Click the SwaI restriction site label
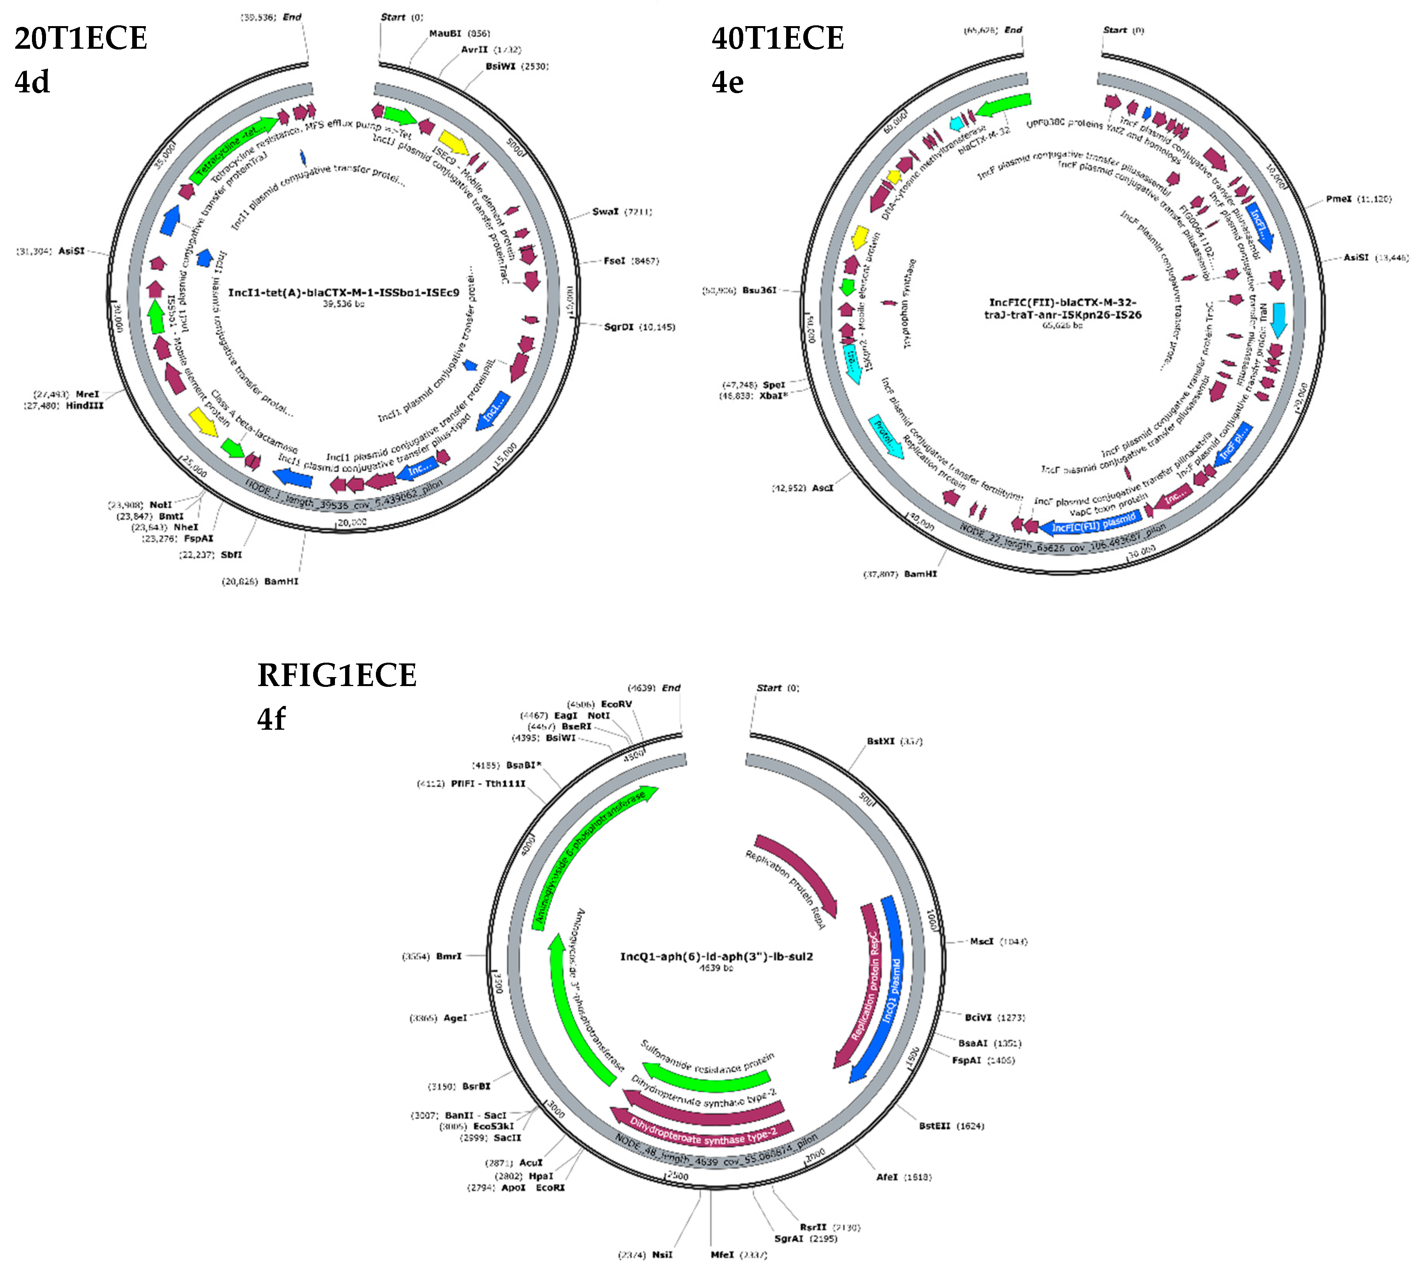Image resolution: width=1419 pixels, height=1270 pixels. coord(604,211)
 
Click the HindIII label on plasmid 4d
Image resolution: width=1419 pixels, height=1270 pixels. coord(85,405)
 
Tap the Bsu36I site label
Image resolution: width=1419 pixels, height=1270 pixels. coord(759,290)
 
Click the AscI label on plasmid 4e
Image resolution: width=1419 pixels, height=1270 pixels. coord(822,488)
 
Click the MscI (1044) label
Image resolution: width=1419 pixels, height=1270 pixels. coord(981,941)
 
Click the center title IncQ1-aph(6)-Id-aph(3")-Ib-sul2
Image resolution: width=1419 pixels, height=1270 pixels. coord(716,956)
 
